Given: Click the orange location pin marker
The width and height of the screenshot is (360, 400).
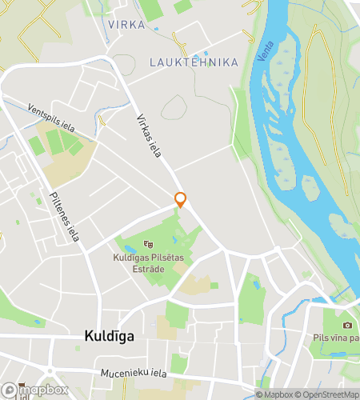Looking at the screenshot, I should (181, 199).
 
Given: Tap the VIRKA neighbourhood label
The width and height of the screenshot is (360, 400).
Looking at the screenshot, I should (126, 25).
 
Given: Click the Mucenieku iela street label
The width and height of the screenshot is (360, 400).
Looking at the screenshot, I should (134, 373).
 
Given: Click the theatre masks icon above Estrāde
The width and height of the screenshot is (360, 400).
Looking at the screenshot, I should (147, 244).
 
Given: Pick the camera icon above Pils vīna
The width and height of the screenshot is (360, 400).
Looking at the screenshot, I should (347, 325).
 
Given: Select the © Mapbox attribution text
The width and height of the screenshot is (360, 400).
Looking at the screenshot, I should (274, 394).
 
